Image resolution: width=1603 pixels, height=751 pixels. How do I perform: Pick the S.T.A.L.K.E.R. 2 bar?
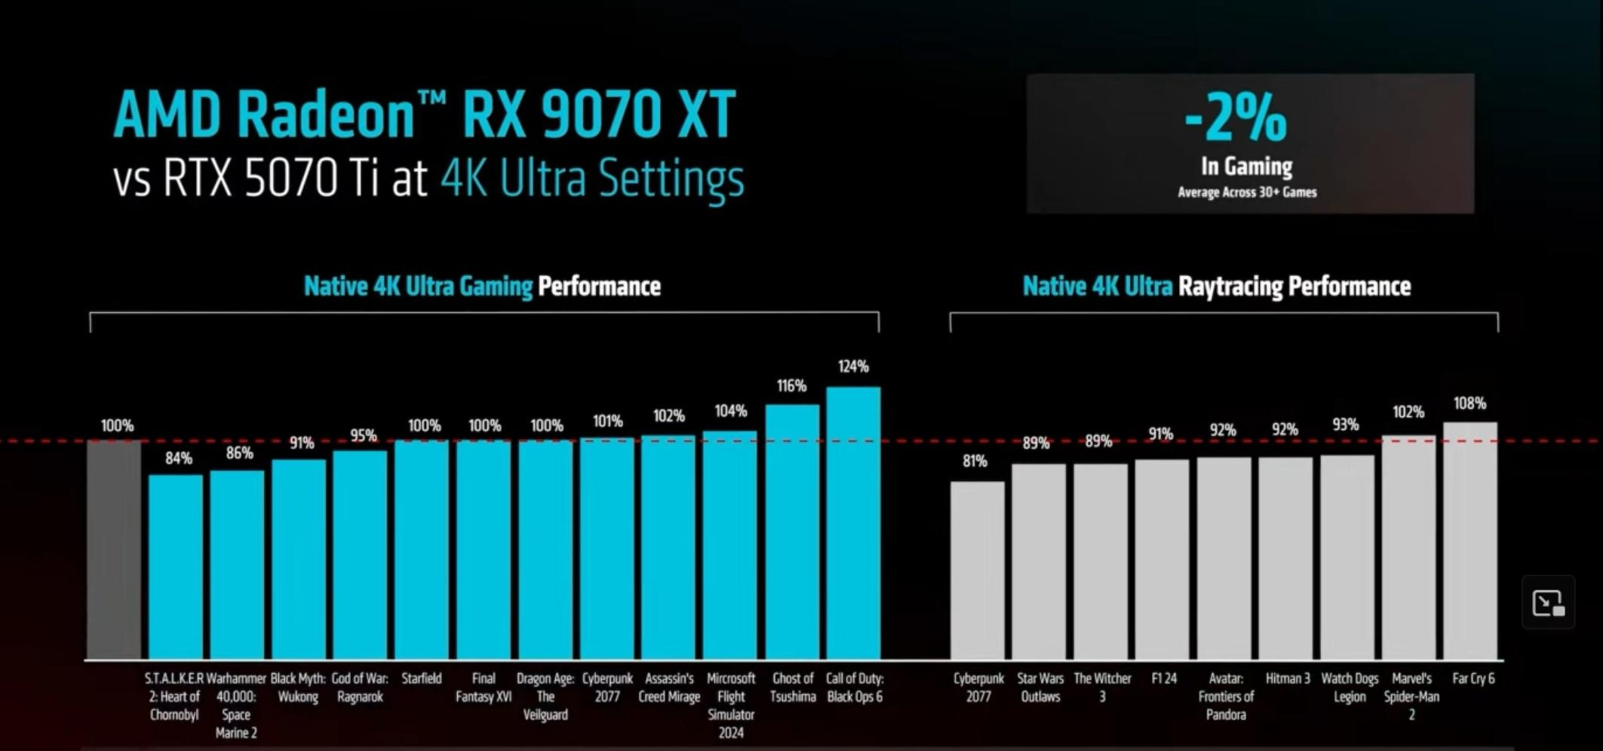click(x=176, y=566)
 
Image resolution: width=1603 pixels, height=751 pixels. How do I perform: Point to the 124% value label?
click(x=853, y=366)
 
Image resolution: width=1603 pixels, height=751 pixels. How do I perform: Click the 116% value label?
click(x=791, y=386)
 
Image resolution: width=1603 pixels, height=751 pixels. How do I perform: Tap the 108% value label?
click(x=1469, y=403)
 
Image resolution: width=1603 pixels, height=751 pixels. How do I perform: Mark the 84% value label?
click(x=179, y=458)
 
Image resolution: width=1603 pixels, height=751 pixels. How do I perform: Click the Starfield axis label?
click(x=422, y=679)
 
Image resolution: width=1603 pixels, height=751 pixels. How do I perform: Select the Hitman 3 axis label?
click(x=1288, y=679)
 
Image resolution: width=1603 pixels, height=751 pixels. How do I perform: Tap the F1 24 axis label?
click(x=1164, y=679)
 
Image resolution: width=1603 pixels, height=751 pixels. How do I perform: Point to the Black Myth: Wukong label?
click(x=298, y=687)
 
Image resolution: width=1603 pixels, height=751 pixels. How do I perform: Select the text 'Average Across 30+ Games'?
click(x=1247, y=192)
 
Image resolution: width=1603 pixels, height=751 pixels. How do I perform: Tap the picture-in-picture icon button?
click(x=1548, y=602)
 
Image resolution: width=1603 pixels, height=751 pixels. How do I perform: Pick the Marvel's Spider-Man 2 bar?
click(x=1408, y=547)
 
